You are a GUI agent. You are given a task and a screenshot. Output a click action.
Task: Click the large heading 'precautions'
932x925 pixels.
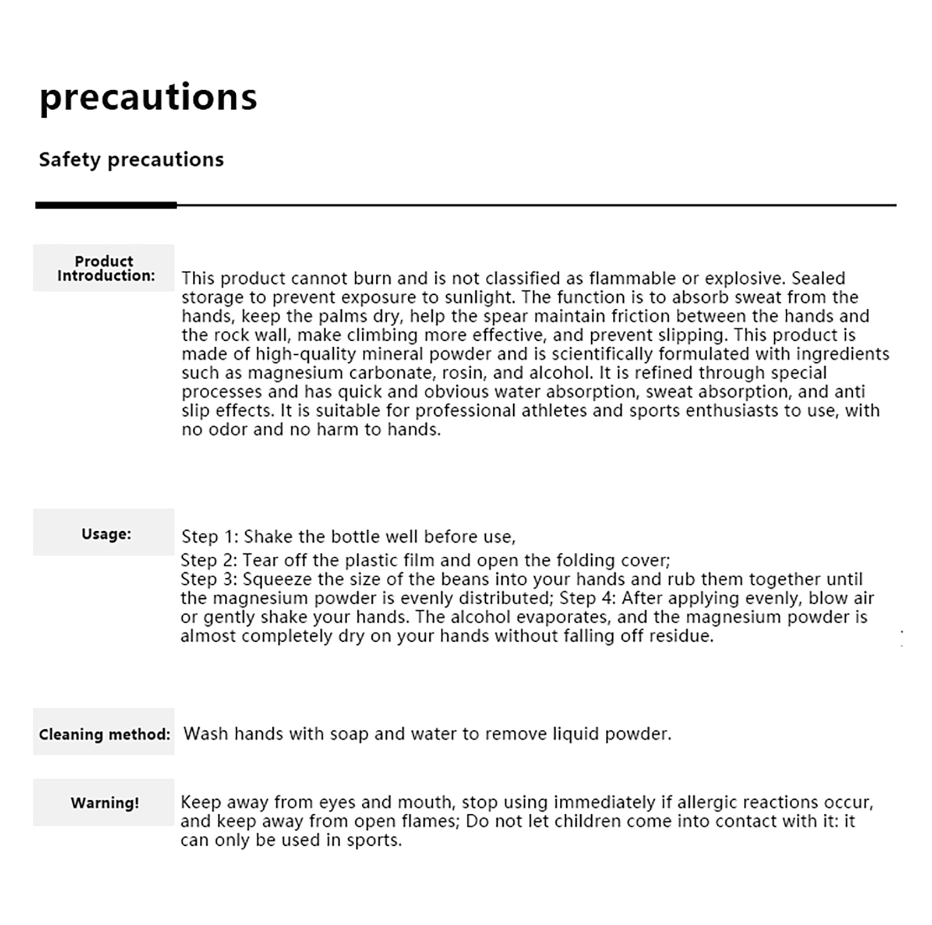pyautogui.click(x=148, y=97)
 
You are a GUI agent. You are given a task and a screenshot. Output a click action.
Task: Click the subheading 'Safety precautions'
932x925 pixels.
pyautogui.click(x=131, y=160)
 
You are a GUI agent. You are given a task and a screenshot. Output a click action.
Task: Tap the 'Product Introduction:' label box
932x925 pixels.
pyautogui.click(x=104, y=268)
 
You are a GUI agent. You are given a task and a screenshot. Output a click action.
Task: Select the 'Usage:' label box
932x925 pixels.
pyautogui.click(x=104, y=532)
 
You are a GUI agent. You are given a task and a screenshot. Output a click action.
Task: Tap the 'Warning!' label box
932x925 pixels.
pyautogui.click(x=104, y=803)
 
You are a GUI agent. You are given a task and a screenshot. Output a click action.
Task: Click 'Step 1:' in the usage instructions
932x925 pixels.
pyautogui.click(x=210, y=536)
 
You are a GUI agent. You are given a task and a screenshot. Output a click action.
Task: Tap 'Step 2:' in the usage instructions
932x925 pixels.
pyautogui.click(x=209, y=560)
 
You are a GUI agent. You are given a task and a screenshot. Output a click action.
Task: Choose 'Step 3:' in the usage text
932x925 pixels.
pyautogui.click(x=209, y=579)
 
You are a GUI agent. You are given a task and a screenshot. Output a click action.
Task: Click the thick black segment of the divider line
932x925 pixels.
pyautogui.click(x=106, y=205)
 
